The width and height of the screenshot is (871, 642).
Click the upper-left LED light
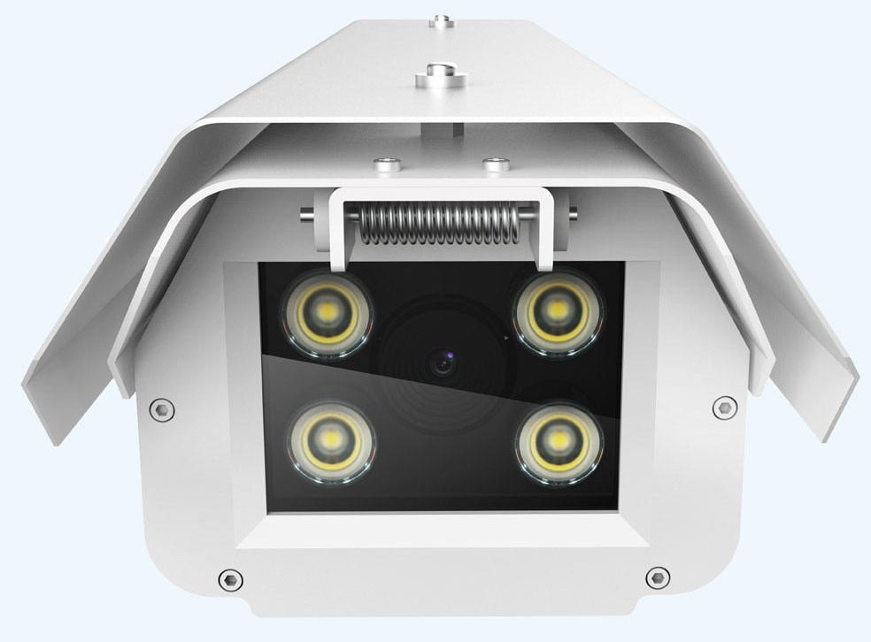point(325,313)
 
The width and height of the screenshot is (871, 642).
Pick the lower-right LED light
point(560,439)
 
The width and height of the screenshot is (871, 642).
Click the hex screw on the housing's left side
point(161,408)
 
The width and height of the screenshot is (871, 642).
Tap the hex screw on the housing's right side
point(724,407)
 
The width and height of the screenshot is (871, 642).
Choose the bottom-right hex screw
point(657,578)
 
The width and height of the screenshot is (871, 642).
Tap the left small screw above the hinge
point(384,164)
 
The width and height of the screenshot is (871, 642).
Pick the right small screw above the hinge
point(494,164)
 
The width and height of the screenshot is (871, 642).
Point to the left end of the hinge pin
point(305,213)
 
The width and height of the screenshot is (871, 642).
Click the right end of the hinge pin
point(573,212)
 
